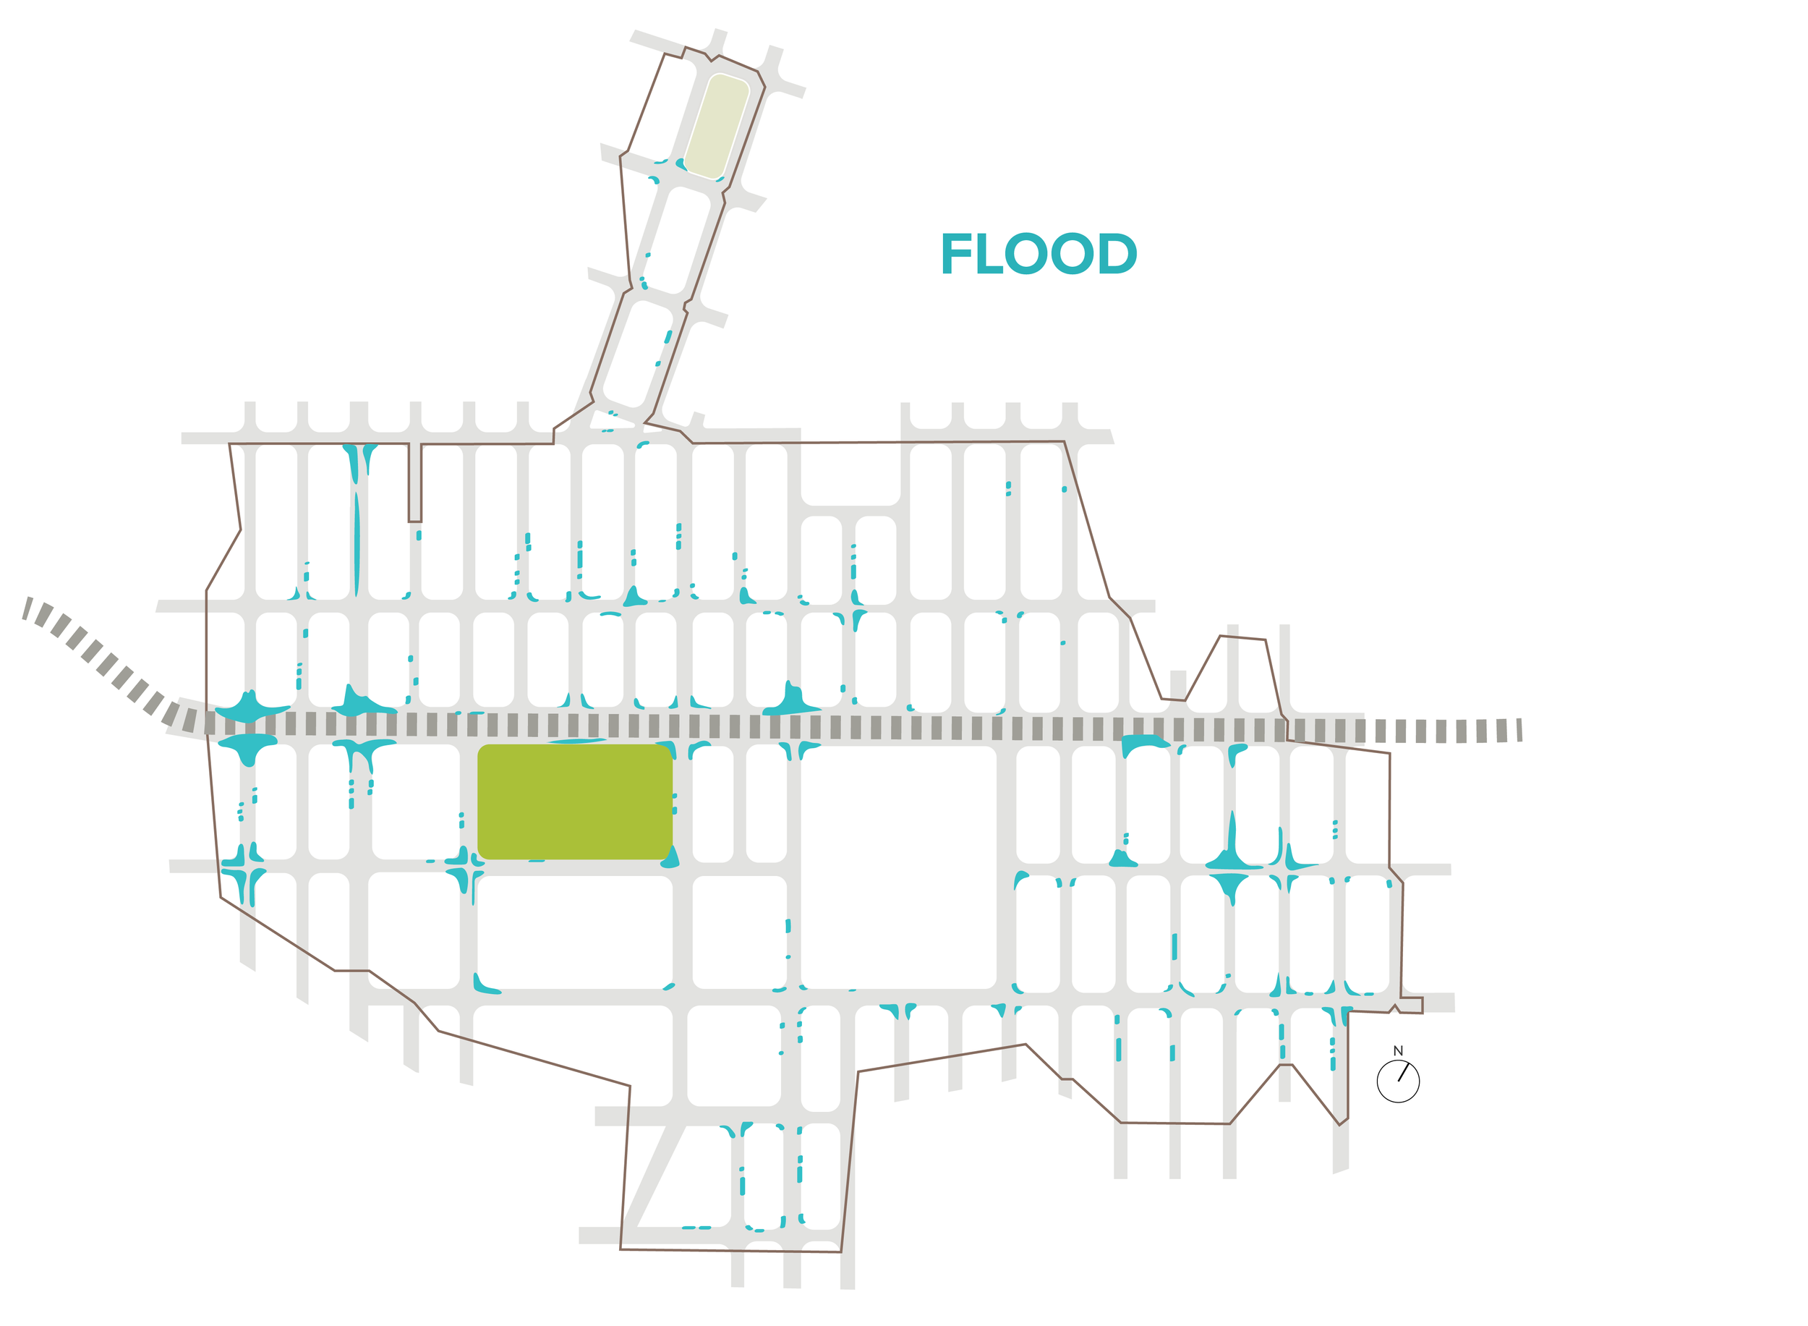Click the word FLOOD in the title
point(1038,255)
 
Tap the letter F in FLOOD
point(955,255)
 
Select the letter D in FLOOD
point(1116,255)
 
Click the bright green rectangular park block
point(574,802)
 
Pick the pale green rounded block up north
point(717,126)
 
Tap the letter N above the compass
point(1398,1050)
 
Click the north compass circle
point(1398,1081)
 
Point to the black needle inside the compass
point(1403,1072)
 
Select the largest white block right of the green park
point(898,867)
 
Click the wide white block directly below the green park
point(574,932)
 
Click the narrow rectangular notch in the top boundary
point(415,483)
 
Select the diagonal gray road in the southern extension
point(654,1176)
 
